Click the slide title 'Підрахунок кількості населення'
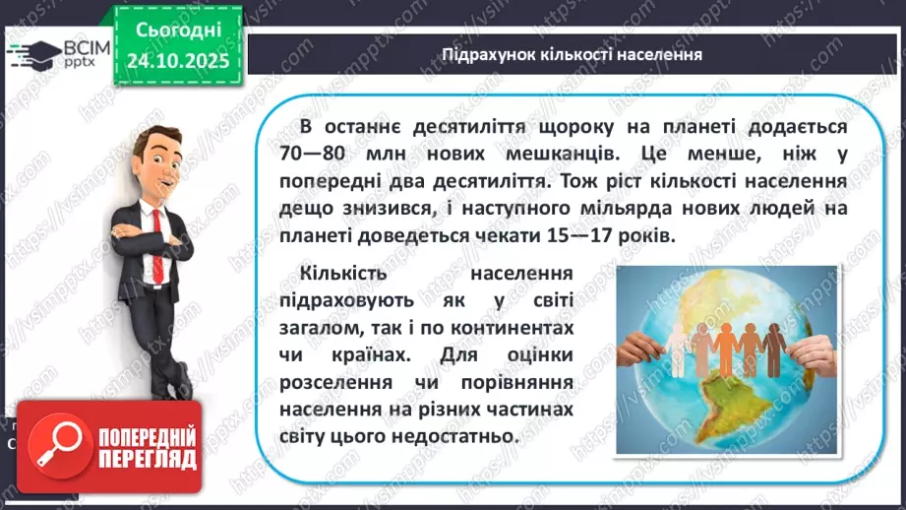pos(572,54)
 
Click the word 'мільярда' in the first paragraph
pos(592,210)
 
